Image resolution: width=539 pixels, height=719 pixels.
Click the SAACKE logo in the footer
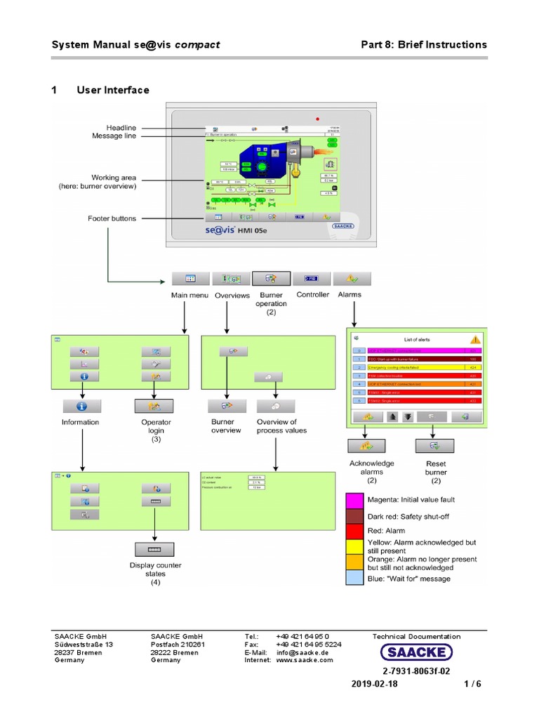(416, 652)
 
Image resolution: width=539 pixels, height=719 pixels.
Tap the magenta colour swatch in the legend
(354, 500)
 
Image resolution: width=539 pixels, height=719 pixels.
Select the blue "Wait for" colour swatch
(354, 579)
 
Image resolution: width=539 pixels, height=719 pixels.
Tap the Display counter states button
(154, 549)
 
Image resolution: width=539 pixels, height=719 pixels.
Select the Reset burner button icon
(434, 446)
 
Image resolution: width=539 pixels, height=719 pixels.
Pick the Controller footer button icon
(312, 278)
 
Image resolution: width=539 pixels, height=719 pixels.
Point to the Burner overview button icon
(226, 405)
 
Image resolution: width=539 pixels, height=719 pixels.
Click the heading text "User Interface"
(112, 90)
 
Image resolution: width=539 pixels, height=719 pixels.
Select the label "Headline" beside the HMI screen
(121, 128)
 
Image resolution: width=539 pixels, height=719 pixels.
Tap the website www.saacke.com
(305, 660)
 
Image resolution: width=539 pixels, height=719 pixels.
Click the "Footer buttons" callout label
(112, 218)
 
